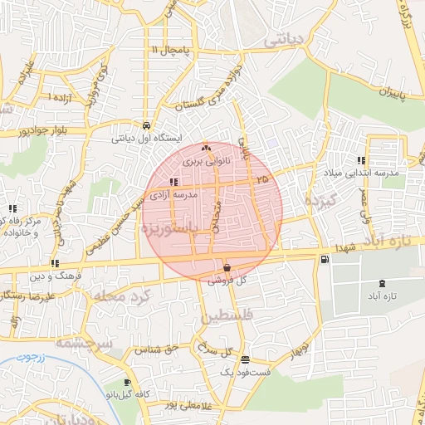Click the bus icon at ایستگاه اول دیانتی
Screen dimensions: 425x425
pyautogui.click(x=147, y=125)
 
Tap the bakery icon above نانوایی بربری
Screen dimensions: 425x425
pyautogui.click(x=205, y=148)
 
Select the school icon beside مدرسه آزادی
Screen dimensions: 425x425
pyautogui.click(x=173, y=182)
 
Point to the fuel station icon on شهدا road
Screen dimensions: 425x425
pyautogui.click(x=323, y=259)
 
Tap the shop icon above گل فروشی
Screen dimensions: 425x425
pyautogui.click(x=227, y=267)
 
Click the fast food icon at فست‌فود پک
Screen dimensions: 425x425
pyautogui.click(x=244, y=360)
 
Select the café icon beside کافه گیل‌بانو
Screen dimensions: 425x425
pyautogui.click(x=126, y=383)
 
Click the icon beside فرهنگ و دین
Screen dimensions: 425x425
pyautogui.click(x=55, y=263)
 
